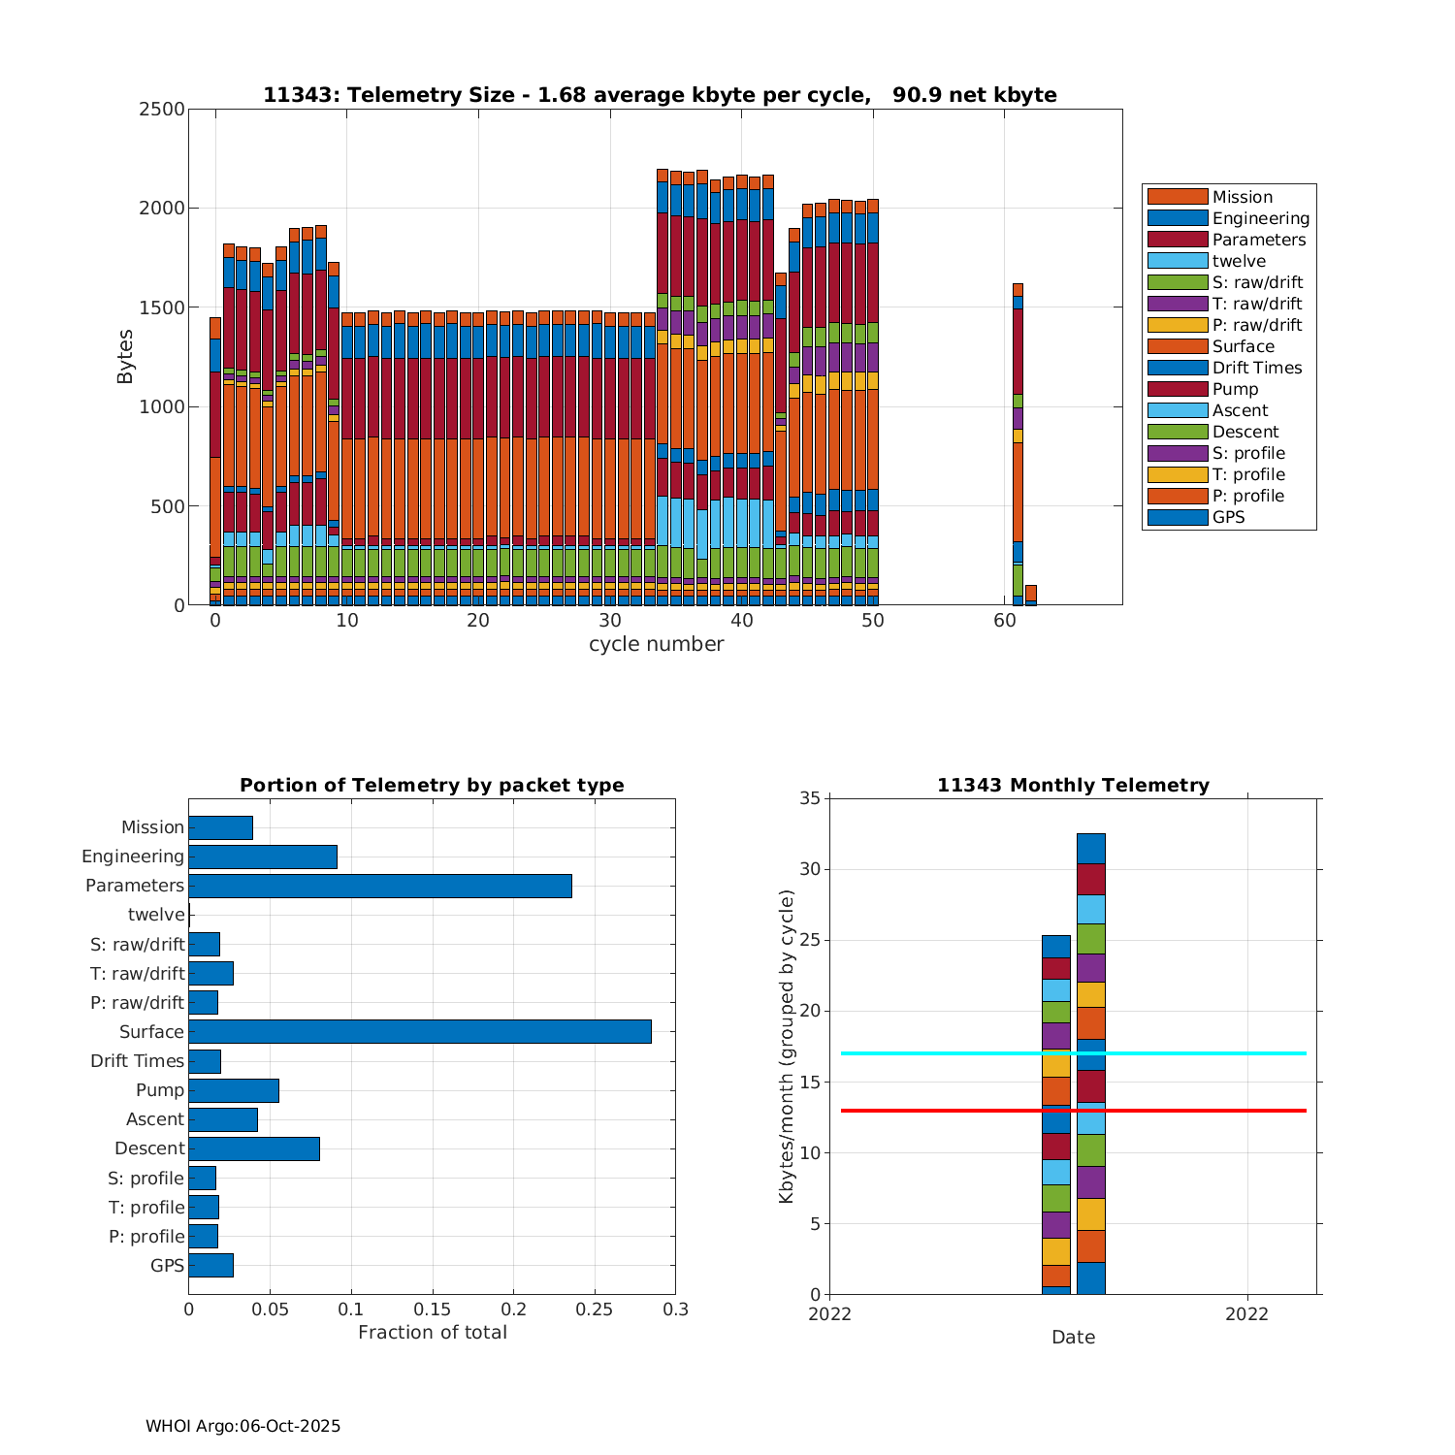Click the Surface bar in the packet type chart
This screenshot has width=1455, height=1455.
click(x=419, y=1031)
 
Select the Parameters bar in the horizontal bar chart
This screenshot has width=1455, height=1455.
click(x=379, y=886)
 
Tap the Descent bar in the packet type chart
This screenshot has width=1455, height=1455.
click(x=254, y=1148)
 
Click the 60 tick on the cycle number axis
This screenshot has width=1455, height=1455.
click(x=1004, y=622)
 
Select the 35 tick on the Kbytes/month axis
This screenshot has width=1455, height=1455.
click(x=810, y=798)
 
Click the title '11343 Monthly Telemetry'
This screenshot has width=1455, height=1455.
click(x=1073, y=785)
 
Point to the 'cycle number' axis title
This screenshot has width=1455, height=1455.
click(x=656, y=644)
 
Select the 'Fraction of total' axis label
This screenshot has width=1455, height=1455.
click(x=432, y=1333)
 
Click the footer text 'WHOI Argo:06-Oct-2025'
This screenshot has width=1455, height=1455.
click(x=242, y=1426)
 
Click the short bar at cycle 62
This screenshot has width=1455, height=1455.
click(x=1031, y=595)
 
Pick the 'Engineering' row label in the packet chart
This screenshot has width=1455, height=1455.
click(x=133, y=857)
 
